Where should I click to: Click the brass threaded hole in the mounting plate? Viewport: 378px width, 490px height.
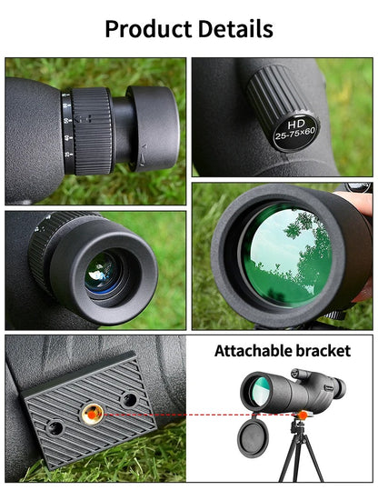click(92, 413)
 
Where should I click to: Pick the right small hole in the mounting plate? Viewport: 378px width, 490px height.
click(128, 398)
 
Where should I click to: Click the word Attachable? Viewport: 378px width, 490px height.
click(254, 349)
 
